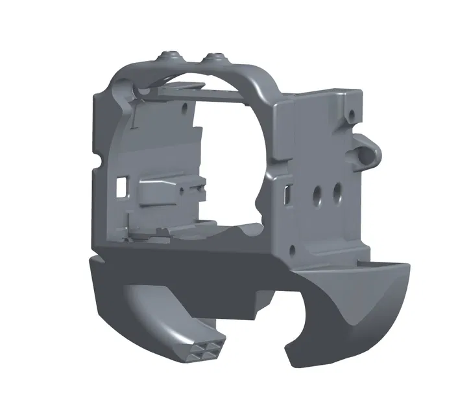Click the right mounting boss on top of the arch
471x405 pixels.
point(215,58)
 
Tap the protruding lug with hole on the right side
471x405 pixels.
point(370,150)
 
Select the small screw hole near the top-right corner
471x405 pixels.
point(351,116)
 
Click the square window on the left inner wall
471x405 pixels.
point(121,186)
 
